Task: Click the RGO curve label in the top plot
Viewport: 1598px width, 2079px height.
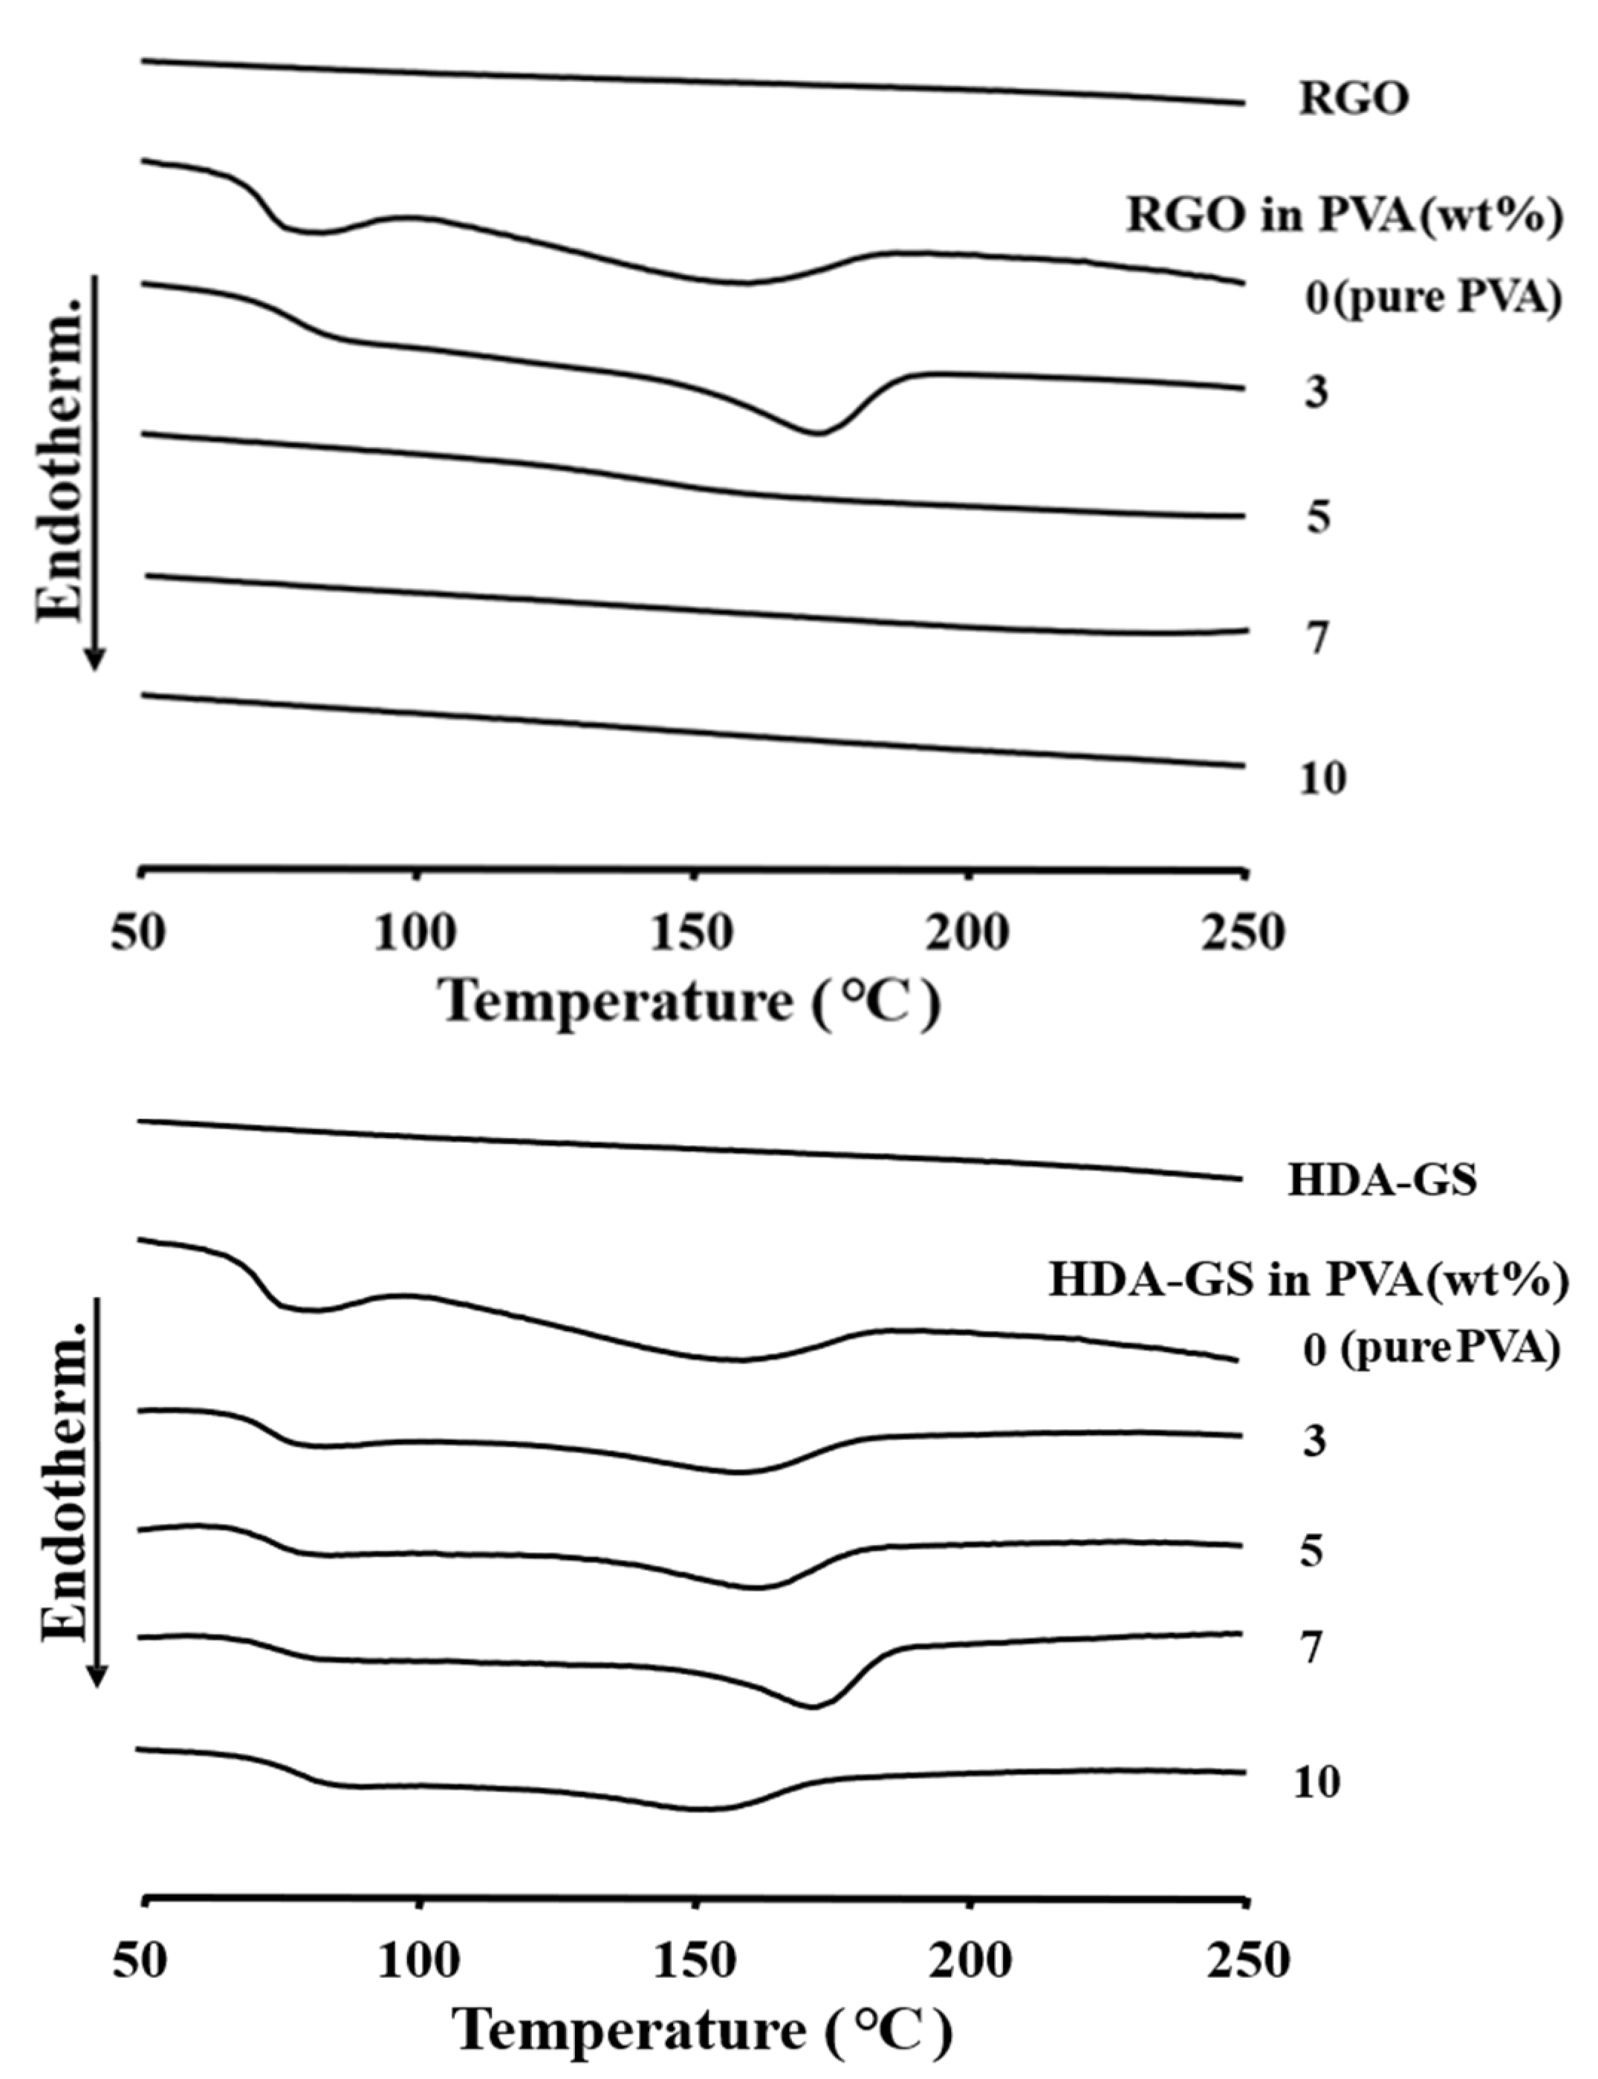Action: (1353, 99)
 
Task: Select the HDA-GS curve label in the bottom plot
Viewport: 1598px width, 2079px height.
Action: (1381, 1180)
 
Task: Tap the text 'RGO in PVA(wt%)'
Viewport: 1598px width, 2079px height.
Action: (1344, 216)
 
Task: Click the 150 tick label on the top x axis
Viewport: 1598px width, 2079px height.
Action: (692, 932)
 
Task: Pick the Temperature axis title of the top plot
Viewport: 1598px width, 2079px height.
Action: (689, 1001)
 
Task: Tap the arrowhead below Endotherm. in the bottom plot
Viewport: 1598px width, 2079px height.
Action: (96, 1679)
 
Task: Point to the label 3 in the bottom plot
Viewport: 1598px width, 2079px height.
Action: (1313, 1442)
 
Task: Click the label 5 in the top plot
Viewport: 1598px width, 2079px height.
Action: (1316, 518)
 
